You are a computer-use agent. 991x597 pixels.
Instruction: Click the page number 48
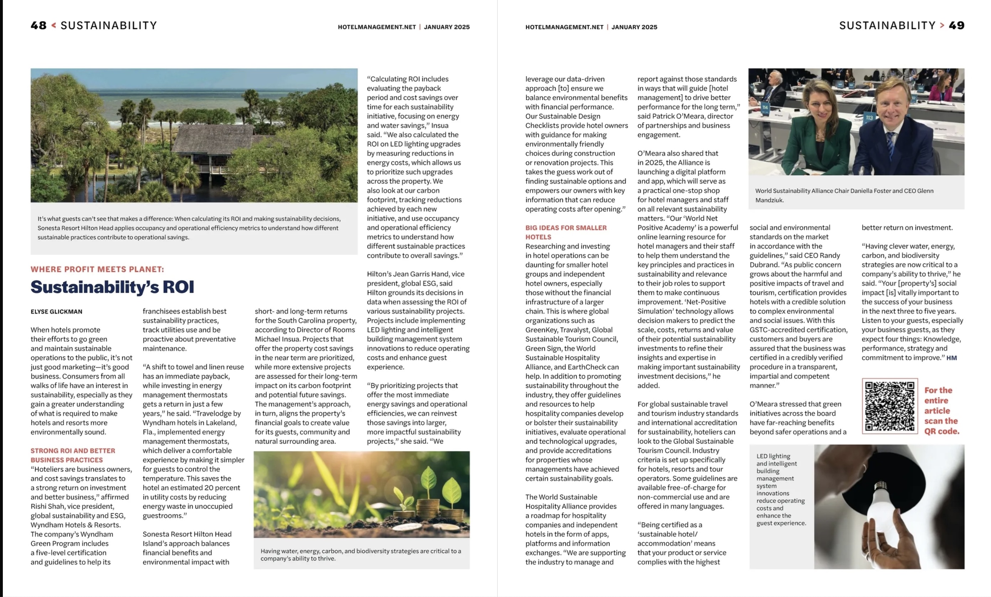tap(38, 26)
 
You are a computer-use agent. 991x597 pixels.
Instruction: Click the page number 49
tap(956, 26)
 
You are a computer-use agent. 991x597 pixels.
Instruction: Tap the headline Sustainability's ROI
tap(112, 287)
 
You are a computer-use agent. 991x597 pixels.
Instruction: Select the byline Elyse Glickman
tap(56, 312)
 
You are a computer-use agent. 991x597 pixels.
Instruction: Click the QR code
tap(890, 406)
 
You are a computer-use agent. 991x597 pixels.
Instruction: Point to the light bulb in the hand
tap(883, 502)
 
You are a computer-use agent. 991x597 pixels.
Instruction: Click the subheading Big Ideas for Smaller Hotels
tap(566, 232)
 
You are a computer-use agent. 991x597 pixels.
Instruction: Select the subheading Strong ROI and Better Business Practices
tap(73, 455)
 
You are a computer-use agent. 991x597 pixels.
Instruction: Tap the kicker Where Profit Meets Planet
tap(97, 269)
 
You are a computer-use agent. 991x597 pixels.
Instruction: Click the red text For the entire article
tap(941, 411)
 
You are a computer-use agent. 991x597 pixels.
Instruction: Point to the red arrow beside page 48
tap(53, 26)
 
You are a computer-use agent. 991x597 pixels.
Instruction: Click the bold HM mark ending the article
tap(951, 358)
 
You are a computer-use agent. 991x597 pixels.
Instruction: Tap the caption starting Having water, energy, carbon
tap(361, 554)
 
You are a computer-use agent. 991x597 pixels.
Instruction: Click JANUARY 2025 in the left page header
tap(446, 27)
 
